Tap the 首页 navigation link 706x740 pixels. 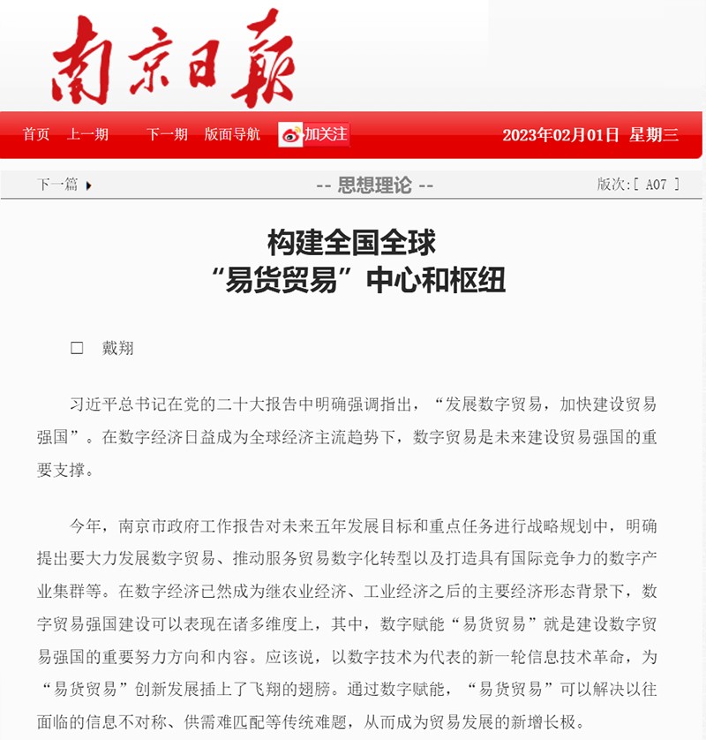coord(36,134)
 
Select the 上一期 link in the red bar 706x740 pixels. coord(87,134)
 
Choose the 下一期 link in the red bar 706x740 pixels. coord(167,134)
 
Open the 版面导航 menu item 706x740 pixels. coord(232,134)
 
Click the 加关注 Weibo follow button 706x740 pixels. coord(314,134)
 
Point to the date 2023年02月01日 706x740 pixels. coord(560,135)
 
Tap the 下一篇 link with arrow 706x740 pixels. coord(64,185)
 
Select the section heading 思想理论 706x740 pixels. coord(374,185)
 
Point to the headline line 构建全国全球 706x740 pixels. coord(352,242)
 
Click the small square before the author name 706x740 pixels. coord(77,348)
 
